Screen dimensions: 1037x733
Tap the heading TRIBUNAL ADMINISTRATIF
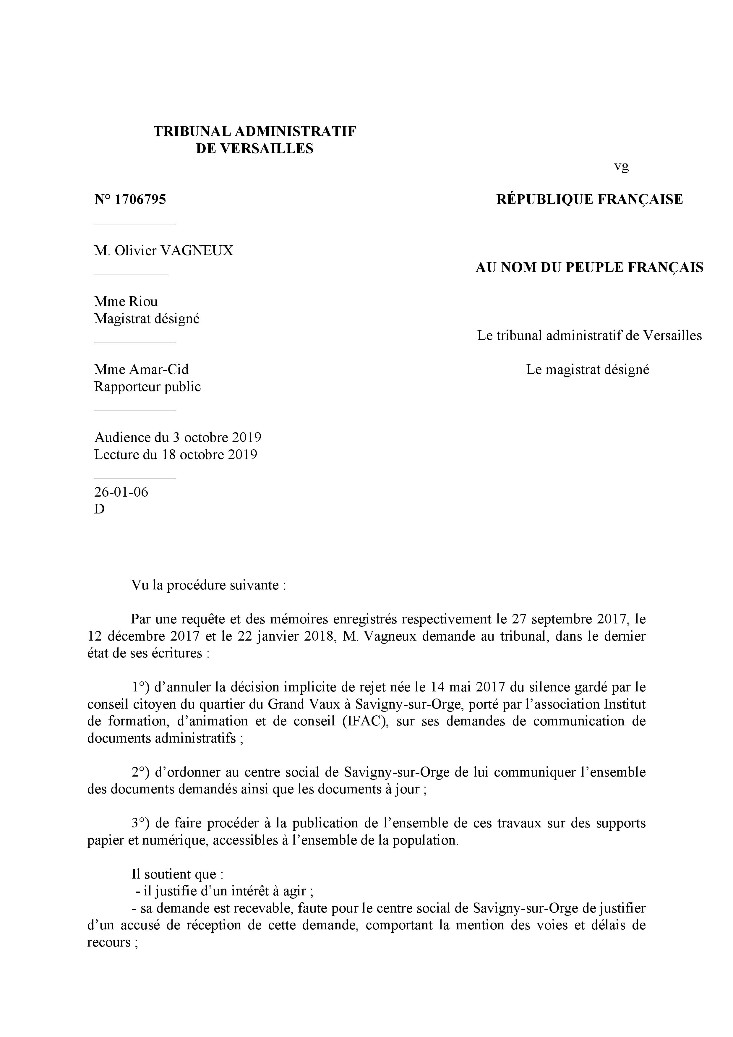coord(255,132)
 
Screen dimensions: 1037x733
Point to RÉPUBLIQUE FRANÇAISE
coord(589,200)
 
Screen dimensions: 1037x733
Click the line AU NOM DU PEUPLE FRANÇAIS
coord(589,268)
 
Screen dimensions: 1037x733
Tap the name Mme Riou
coord(126,302)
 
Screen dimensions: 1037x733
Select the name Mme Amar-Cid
coord(141,370)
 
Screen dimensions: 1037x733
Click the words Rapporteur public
coord(147,387)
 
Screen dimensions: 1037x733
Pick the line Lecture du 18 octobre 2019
coord(176,454)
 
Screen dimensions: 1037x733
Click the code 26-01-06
coord(121,492)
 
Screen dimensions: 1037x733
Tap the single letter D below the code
coord(99,509)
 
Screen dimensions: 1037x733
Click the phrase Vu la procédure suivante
coord(209,585)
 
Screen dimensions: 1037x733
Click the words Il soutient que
coord(177,874)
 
